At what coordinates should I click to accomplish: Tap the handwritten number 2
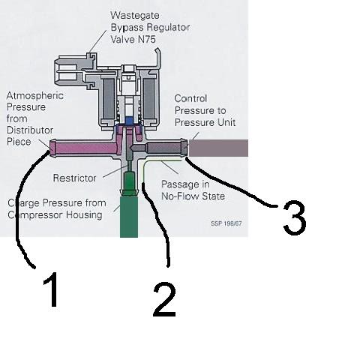[x=165, y=300]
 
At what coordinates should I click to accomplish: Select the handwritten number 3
[x=295, y=217]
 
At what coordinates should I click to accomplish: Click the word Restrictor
[x=74, y=178]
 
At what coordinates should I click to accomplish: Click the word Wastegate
[x=135, y=16]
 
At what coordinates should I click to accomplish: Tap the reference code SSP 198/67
[x=226, y=223]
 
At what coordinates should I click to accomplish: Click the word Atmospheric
[x=35, y=96]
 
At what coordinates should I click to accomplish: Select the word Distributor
[x=30, y=130]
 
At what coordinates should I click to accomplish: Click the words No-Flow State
[x=193, y=196]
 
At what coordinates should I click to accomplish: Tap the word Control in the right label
[x=190, y=98]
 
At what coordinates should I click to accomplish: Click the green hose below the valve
[x=129, y=217]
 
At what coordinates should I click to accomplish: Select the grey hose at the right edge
[x=218, y=148]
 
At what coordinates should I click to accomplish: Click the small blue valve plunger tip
[x=129, y=121]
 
